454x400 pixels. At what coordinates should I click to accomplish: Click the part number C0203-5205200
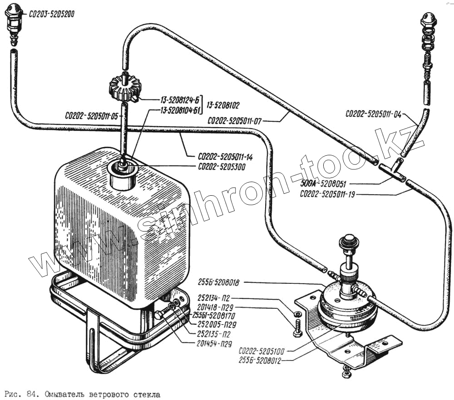(51, 14)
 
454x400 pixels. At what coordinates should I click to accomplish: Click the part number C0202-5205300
(222, 167)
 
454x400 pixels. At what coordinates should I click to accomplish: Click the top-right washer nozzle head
(428, 20)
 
